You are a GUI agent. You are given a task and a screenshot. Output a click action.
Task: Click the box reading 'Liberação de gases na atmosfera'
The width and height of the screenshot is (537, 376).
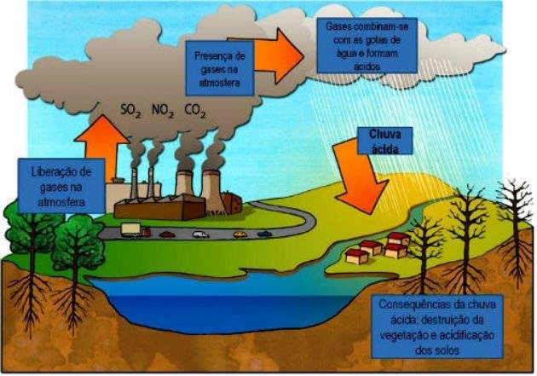[60, 186]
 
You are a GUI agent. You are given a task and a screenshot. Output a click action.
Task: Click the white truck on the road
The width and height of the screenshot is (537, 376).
[130, 228]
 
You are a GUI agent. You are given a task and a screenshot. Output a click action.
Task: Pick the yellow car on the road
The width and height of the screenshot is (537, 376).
[240, 233]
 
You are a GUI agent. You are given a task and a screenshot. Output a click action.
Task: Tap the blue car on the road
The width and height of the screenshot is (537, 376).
[265, 233]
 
